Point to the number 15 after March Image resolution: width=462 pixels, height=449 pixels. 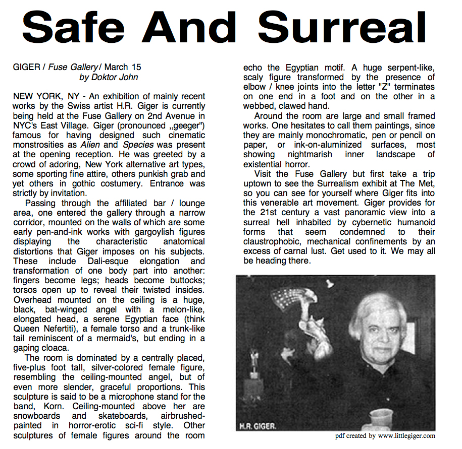click(x=136, y=67)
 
